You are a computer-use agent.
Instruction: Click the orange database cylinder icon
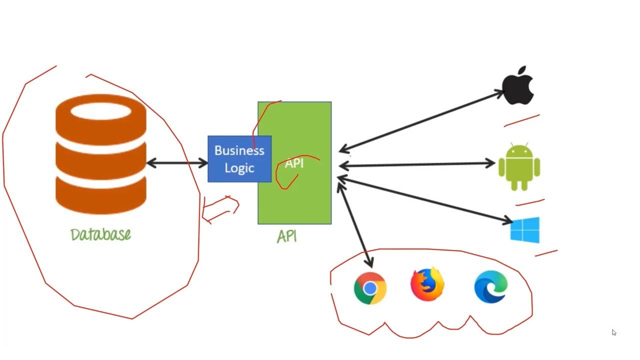101,154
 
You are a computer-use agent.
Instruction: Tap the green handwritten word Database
100,234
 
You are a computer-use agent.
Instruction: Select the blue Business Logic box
239,159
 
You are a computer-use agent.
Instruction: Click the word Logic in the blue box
239,168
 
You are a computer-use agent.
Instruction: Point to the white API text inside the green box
294,163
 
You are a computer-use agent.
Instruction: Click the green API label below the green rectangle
287,236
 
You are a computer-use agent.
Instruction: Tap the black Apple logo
518,85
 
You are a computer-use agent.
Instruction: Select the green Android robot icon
519,166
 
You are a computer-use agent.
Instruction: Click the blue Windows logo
525,230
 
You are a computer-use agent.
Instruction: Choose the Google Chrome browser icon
370,288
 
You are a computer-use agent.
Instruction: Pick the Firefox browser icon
427,284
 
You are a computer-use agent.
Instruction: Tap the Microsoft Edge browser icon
491,286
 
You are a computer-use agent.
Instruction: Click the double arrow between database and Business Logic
177,163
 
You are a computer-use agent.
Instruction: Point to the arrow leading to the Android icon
417,164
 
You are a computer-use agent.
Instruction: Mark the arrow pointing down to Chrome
355,225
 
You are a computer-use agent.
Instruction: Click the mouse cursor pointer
614,332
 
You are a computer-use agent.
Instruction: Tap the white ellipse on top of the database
101,111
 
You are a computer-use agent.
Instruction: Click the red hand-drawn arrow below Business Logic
220,209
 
